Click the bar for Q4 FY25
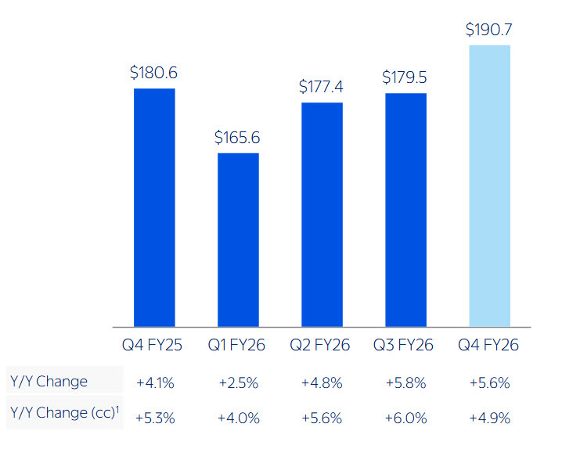coord(154,207)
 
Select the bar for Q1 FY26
coord(238,239)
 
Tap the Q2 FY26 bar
coord(322,214)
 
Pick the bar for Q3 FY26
coord(405,210)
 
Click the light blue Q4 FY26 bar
coord(489,185)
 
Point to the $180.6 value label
coord(154,73)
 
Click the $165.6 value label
coord(238,138)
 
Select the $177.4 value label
coord(322,87)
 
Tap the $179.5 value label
coord(405,77)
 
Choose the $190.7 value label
coord(489,30)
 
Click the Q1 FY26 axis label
coord(238,345)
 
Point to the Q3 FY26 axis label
coord(405,345)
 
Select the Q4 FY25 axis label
coord(154,345)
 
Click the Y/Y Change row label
coord(49,382)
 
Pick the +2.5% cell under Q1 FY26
coord(238,383)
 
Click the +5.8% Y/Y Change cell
coord(405,383)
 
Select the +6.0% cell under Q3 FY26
coord(405,418)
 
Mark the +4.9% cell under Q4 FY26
coord(489,418)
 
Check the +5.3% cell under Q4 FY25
coord(154,418)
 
